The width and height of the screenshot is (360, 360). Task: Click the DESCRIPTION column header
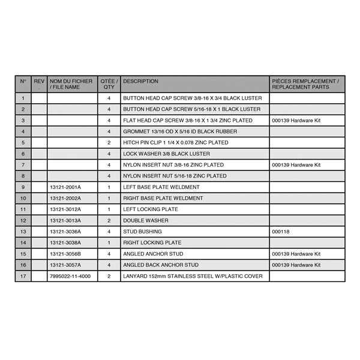tap(141, 81)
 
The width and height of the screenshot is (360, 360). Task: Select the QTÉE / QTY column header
tap(109, 84)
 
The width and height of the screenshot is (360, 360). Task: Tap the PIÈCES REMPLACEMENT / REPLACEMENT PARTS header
tap(305, 84)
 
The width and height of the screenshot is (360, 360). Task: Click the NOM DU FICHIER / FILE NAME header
tap(71, 84)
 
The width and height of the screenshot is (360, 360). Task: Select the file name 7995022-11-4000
tap(70, 276)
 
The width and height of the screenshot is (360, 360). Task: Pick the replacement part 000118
tap(280, 232)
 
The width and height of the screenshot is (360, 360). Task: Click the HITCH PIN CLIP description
tap(175, 143)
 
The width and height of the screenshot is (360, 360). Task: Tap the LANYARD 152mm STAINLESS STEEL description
tap(193, 276)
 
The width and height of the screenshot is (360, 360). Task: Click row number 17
tap(23, 276)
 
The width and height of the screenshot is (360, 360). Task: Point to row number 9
tap(23, 187)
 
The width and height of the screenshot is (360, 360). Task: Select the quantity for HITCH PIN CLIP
tap(109, 143)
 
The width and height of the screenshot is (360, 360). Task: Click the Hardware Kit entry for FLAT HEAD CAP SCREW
tap(296, 121)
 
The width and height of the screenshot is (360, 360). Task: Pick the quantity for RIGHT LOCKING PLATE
tap(109, 242)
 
